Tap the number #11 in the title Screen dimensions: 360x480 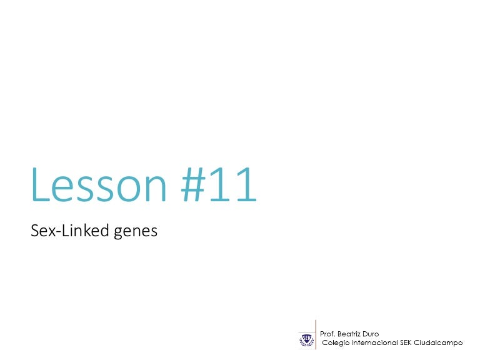click(x=218, y=186)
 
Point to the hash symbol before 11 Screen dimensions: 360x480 click(x=194, y=186)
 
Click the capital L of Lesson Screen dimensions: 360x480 click(x=40, y=186)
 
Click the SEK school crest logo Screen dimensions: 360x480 click(x=306, y=339)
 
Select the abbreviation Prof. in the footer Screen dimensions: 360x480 click(x=327, y=334)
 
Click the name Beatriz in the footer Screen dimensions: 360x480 click(x=349, y=334)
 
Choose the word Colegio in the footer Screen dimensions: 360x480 click(x=334, y=343)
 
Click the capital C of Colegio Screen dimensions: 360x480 click(x=323, y=343)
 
